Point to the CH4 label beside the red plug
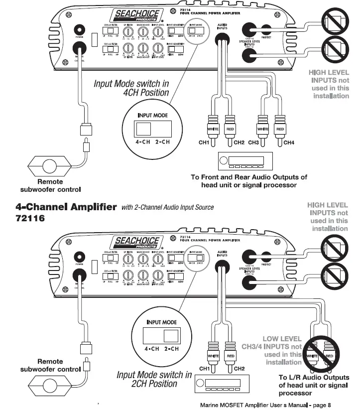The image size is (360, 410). click(x=289, y=142)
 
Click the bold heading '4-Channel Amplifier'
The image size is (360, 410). click(x=66, y=206)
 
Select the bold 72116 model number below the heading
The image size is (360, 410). click(x=30, y=219)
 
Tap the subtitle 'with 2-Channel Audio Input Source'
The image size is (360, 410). click(x=167, y=207)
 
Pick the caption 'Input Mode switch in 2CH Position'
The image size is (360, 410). click(x=154, y=379)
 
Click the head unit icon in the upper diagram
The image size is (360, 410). click(x=243, y=162)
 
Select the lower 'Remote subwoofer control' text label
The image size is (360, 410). click(x=50, y=365)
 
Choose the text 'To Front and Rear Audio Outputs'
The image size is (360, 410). click(x=249, y=181)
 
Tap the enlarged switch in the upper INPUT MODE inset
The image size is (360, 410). click(x=145, y=130)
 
